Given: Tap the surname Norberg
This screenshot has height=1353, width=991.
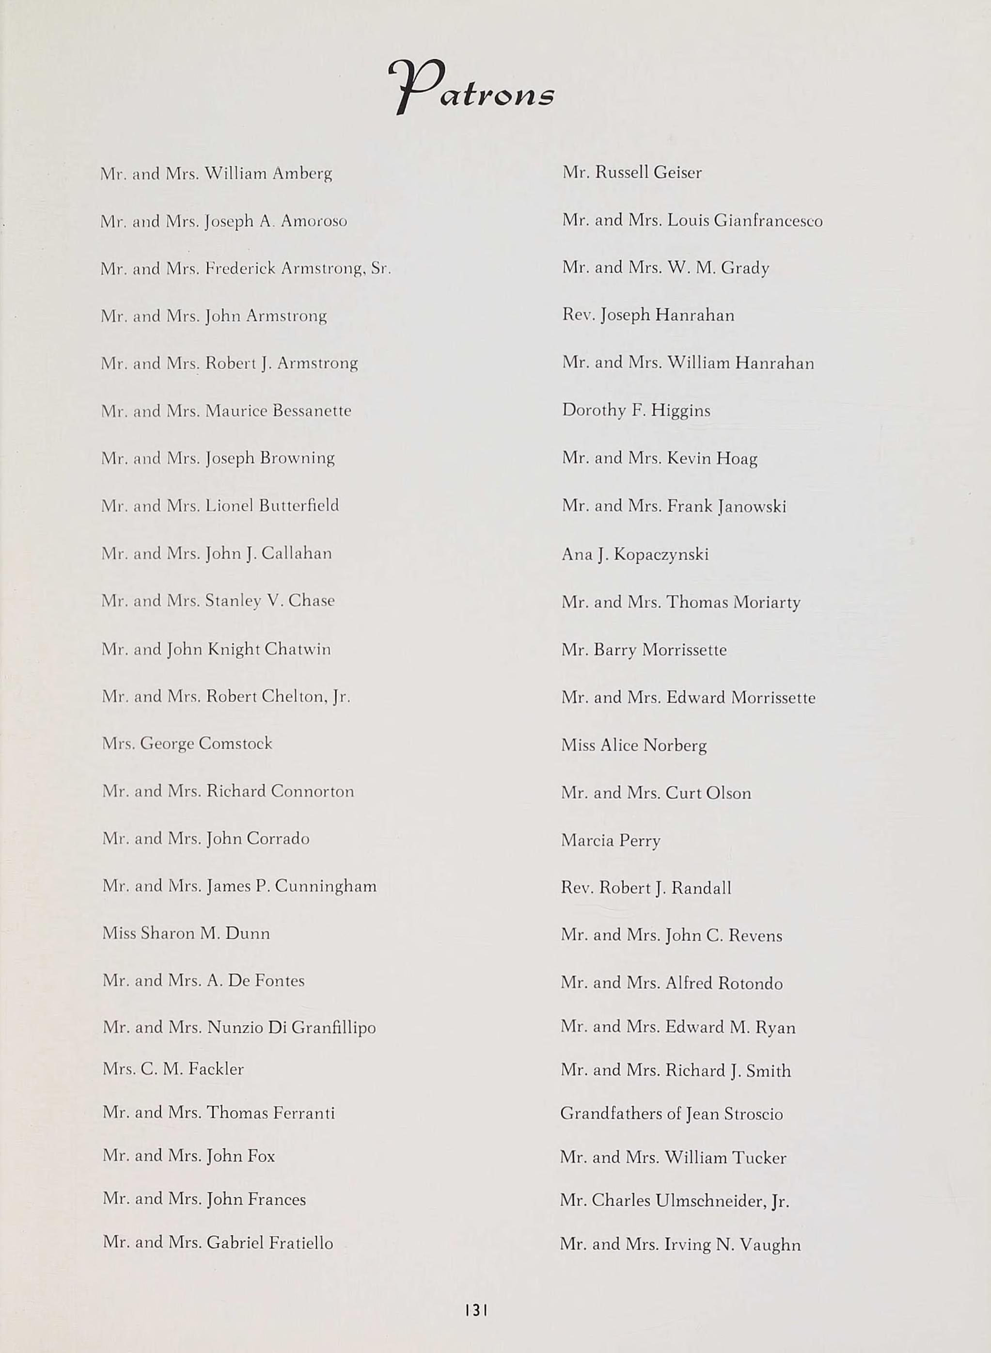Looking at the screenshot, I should (x=675, y=745).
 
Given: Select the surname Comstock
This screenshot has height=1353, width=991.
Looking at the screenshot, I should (x=235, y=744).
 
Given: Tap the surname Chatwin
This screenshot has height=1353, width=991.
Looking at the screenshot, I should (x=298, y=649).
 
